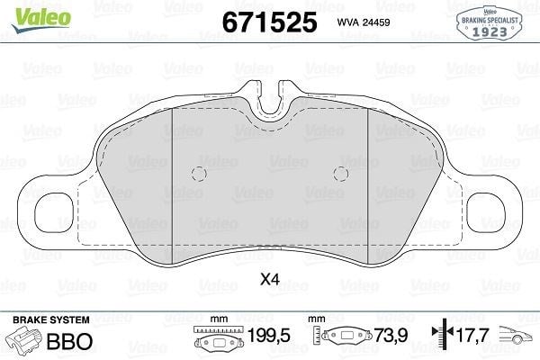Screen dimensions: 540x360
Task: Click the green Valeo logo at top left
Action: click(x=41, y=19)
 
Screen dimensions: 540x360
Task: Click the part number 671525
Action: click(x=269, y=22)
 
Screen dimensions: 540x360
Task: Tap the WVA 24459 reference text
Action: click(x=364, y=22)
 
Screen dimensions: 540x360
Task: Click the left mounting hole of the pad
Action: click(x=54, y=212)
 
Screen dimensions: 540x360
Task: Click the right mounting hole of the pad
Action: click(x=486, y=212)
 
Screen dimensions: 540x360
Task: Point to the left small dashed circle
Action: click(x=199, y=174)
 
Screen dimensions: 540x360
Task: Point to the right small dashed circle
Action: click(x=341, y=174)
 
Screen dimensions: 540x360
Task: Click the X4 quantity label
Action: click(x=270, y=279)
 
